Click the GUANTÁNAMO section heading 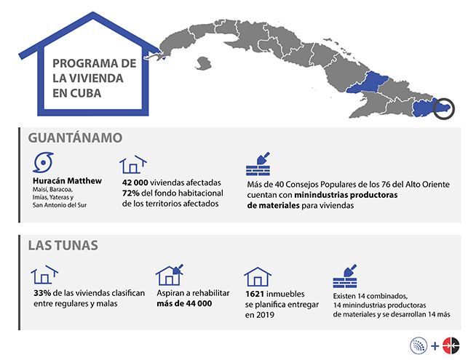[74, 136]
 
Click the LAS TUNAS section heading [64, 245]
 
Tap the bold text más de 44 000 [184, 303]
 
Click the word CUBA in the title [101, 93]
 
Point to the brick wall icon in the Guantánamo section [259, 164]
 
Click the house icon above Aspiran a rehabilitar [170, 275]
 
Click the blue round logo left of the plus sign [420, 345]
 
